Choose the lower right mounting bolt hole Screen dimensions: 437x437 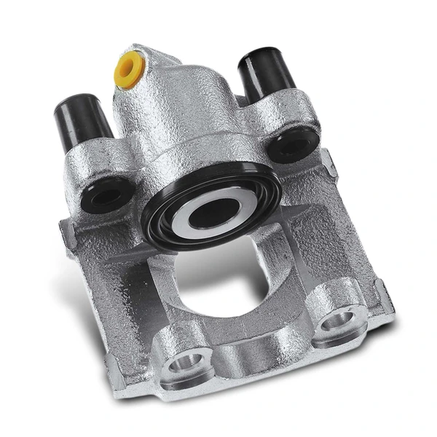(x=339, y=319)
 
